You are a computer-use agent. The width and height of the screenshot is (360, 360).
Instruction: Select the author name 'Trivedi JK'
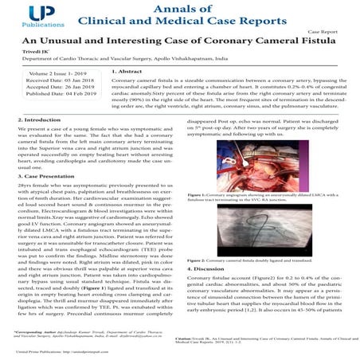tap(36, 61)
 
